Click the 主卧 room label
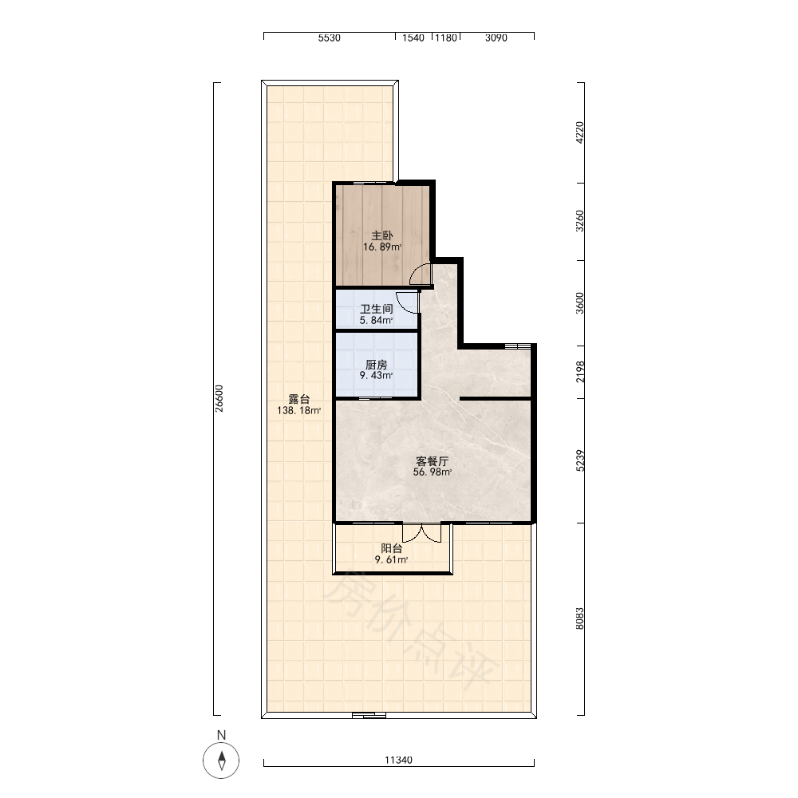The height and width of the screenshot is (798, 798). pyautogui.click(x=381, y=235)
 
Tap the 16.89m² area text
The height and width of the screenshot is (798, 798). pyautogui.click(x=382, y=247)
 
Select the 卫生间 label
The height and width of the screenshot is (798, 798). pyautogui.click(x=377, y=309)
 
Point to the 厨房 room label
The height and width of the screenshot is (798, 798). pyautogui.click(x=377, y=365)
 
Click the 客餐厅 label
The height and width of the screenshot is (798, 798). pyautogui.click(x=432, y=461)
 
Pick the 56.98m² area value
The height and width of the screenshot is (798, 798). pyautogui.click(x=432, y=472)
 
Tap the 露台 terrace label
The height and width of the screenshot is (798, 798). pyautogui.click(x=298, y=399)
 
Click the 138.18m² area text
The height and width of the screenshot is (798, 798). pyautogui.click(x=298, y=411)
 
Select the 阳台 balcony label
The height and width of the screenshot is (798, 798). pyautogui.click(x=391, y=548)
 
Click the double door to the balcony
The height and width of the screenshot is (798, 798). pyautogui.click(x=422, y=532)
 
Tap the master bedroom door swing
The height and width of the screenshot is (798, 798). pyautogui.click(x=421, y=274)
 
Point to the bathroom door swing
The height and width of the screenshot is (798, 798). pyautogui.click(x=407, y=302)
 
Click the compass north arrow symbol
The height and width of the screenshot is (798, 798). pyautogui.click(x=221, y=760)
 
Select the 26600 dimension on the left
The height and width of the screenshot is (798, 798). pyautogui.click(x=219, y=398)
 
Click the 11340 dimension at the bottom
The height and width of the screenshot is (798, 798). pyautogui.click(x=398, y=760)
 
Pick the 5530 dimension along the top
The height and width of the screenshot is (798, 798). pyautogui.click(x=330, y=38)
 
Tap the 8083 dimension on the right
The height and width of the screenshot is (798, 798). pyautogui.click(x=580, y=618)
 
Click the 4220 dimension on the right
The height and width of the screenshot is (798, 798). pyautogui.click(x=580, y=132)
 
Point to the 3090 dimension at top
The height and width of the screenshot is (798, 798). pyautogui.click(x=496, y=38)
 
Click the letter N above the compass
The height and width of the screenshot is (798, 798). pyautogui.click(x=221, y=735)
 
